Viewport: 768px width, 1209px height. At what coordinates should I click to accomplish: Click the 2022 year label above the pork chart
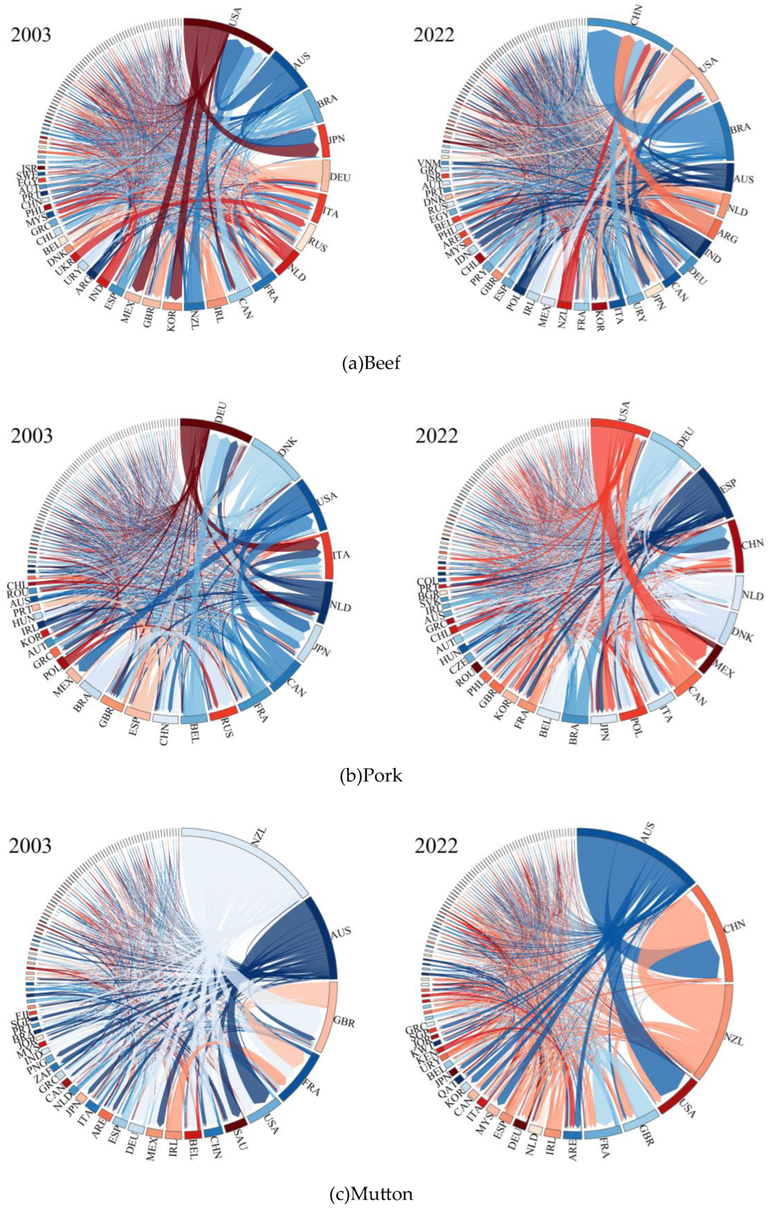[436, 436]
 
